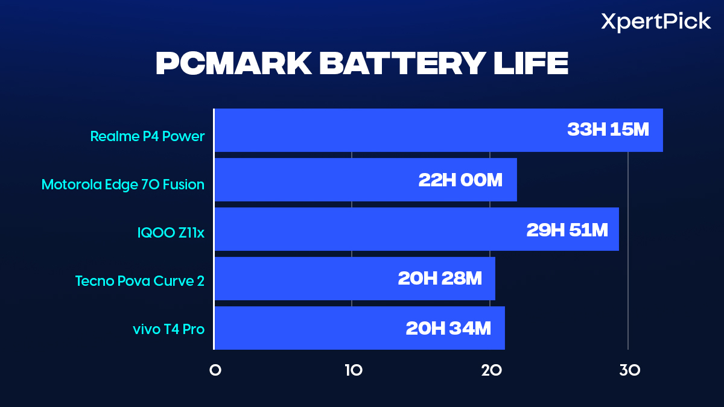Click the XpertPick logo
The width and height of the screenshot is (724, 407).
click(656, 22)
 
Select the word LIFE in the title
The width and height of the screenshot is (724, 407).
click(532, 64)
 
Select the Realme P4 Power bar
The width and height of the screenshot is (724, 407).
click(386, 130)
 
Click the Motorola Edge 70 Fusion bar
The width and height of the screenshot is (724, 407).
click(314, 180)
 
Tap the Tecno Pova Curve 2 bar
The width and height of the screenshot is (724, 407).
click(302, 279)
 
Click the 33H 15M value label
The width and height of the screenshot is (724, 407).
click(608, 130)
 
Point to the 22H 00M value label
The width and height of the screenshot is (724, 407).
click(460, 180)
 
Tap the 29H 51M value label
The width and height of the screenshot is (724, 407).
click(567, 229)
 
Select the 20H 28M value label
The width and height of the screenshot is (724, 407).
click(440, 279)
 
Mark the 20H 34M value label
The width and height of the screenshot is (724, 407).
click(448, 328)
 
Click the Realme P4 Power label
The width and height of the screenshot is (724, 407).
click(147, 136)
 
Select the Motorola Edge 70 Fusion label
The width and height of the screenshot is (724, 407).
click(123, 185)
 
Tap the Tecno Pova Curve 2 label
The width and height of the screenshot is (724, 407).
click(140, 281)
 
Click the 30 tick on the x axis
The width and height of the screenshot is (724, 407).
click(629, 371)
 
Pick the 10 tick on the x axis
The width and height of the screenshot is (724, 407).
click(353, 371)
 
